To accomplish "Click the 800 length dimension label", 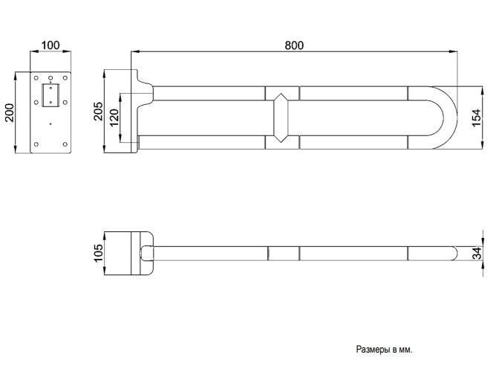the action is (x=294, y=45).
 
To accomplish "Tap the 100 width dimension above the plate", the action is (x=50, y=45).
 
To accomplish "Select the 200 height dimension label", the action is (x=10, y=112).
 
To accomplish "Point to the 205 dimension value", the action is (x=98, y=112).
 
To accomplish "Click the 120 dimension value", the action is (x=114, y=118).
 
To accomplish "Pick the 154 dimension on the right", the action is (x=477, y=118).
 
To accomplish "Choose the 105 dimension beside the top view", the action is (x=98, y=253).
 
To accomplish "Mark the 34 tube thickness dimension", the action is (x=477, y=254).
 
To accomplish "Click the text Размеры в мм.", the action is (x=384, y=350).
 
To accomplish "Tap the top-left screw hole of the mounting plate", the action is (x=36, y=78).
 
